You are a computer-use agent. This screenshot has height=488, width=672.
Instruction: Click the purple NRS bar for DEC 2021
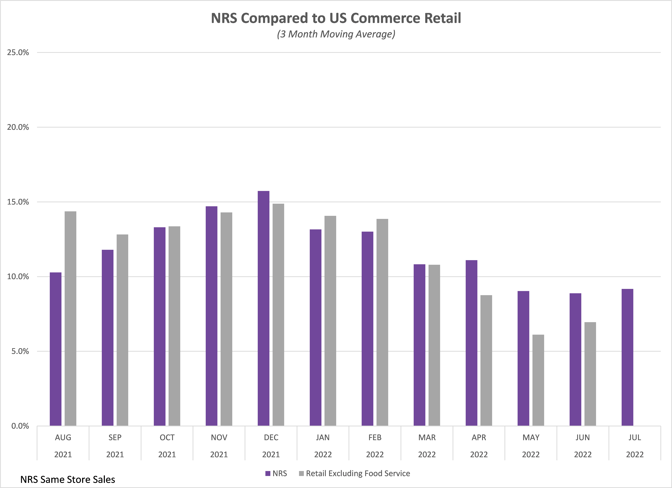coord(263,308)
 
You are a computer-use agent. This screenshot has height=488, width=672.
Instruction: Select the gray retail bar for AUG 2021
coord(70,318)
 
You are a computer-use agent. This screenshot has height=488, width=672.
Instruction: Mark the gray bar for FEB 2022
coord(382,322)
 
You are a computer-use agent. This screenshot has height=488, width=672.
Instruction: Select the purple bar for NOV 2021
coord(211,316)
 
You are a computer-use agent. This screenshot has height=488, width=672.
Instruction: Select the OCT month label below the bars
coord(167,437)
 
